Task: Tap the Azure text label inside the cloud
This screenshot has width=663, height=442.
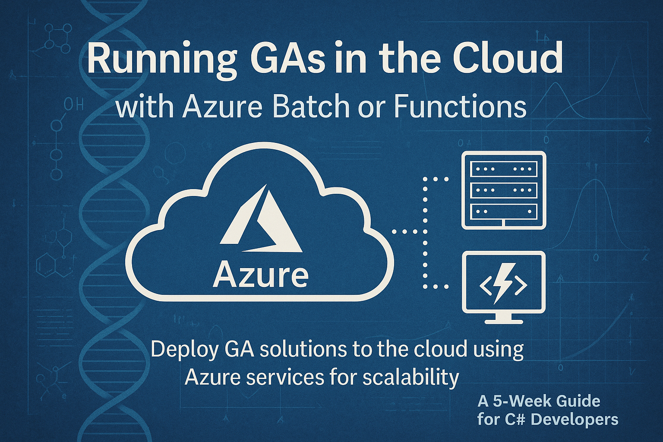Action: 261,275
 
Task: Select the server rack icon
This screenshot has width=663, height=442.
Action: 504,190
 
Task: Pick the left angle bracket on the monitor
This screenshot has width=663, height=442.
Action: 483,285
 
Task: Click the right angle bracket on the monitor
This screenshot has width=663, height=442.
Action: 520,285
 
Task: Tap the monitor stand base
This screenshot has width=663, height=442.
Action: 504,320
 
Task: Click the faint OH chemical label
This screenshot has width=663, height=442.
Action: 73,104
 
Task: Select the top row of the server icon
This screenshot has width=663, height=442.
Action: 504,169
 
